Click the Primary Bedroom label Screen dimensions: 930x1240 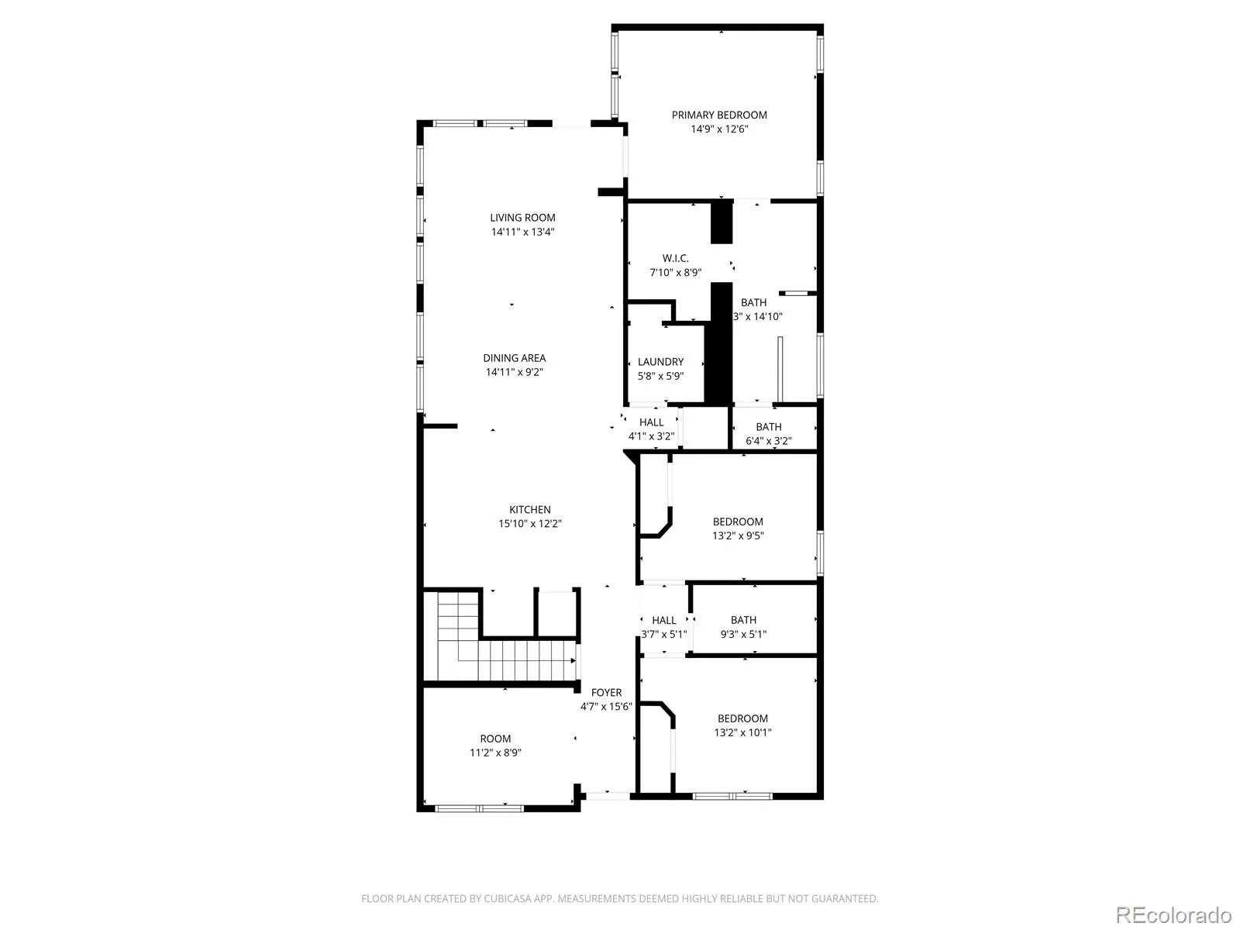(x=719, y=115)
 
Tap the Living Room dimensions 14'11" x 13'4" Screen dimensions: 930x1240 (x=522, y=232)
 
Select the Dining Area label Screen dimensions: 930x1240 (x=514, y=358)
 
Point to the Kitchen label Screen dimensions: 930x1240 (x=530, y=509)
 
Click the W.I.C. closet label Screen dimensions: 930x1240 (x=675, y=258)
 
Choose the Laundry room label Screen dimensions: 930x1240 (x=660, y=362)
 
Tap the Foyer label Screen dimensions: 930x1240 (x=606, y=692)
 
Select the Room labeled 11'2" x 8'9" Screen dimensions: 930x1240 (x=495, y=739)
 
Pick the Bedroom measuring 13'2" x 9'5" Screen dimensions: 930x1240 (x=738, y=522)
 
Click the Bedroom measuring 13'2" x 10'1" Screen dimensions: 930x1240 (x=742, y=718)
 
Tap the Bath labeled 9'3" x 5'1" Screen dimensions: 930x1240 (x=743, y=620)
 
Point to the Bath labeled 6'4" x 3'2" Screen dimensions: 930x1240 (x=768, y=427)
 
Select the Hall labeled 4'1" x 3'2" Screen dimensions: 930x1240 (x=651, y=422)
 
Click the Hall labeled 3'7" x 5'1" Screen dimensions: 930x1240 (x=663, y=620)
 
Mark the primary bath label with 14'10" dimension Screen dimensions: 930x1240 (x=753, y=303)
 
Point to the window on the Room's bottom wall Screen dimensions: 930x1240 (x=480, y=808)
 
